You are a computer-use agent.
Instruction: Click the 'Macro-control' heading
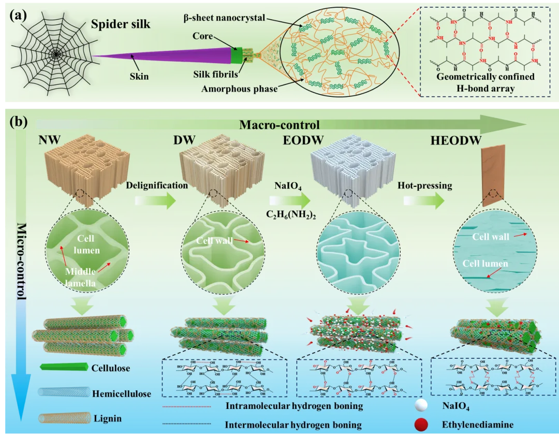pos(279,125)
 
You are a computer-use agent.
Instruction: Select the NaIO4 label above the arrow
pos(288,185)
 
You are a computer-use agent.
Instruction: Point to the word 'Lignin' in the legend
pos(107,418)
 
